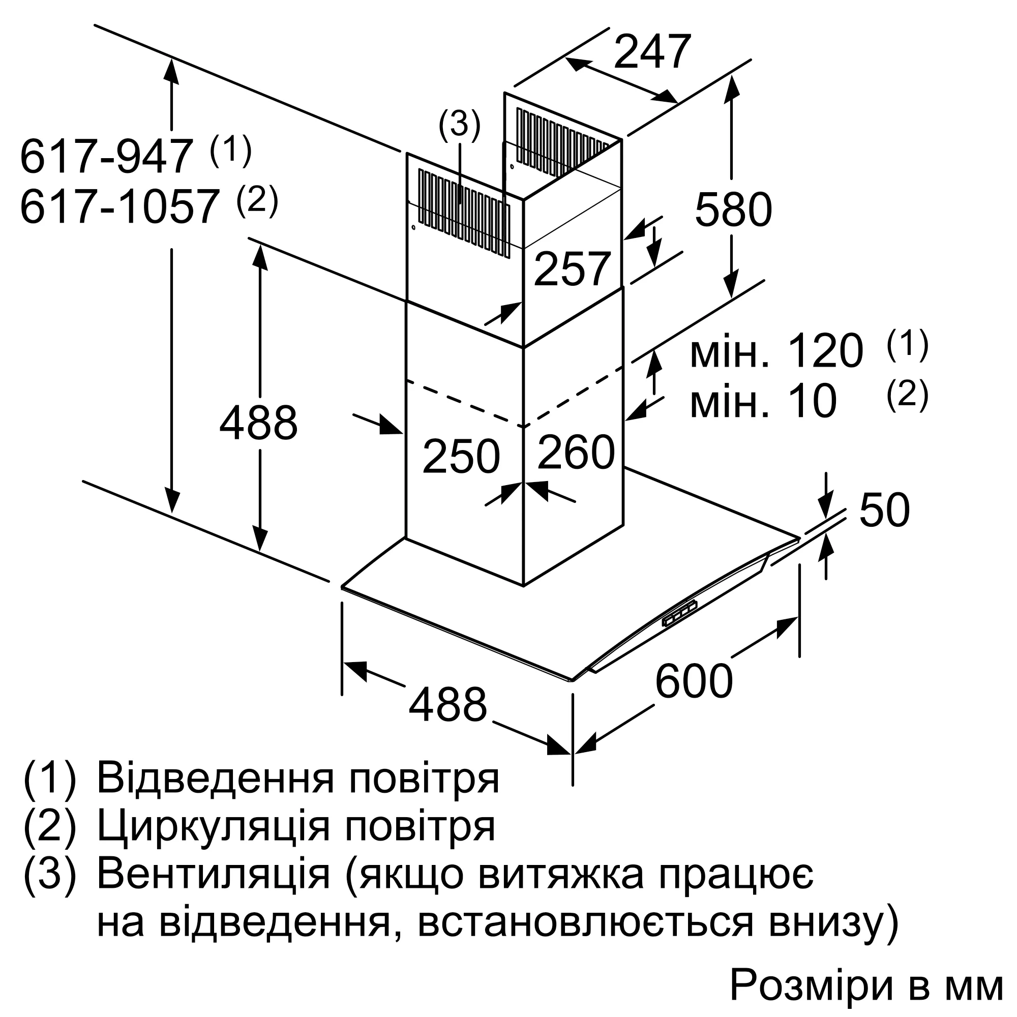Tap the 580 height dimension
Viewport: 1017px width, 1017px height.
(x=733, y=210)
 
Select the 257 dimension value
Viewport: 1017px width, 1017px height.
(x=572, y=269)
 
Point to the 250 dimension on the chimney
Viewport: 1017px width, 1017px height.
(x=461, y=457)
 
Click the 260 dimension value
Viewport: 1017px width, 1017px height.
(x=576, y=451)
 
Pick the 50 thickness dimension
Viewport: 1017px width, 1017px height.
(x=884, y=510)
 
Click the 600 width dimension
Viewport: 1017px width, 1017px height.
(x=694, y=681)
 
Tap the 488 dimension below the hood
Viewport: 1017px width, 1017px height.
(x=448, y=705)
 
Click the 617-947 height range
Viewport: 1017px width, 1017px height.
(x=105, y=156)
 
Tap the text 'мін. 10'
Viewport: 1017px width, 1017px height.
(x=763, y=402)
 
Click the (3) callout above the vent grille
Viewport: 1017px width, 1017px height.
(x=460, y=126)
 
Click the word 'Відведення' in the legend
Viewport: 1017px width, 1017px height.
(x=215, y=778)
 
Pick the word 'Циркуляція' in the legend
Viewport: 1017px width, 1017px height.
(x=214, y=827)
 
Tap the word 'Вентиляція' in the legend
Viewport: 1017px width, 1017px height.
(x=214, y=875)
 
